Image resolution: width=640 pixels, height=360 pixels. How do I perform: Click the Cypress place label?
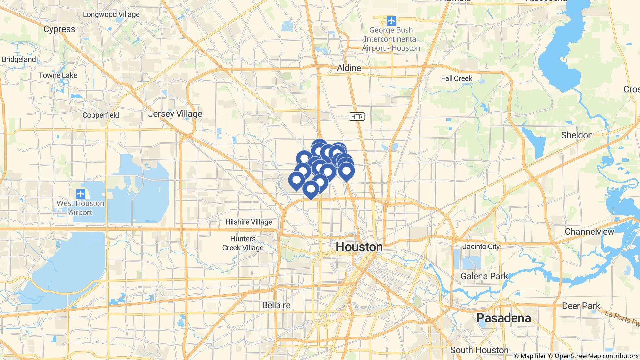59,29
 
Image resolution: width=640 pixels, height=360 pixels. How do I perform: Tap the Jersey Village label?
175,114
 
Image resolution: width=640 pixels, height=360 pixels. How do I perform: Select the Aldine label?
349,68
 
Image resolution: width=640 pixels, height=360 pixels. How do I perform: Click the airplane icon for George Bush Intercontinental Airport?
391,21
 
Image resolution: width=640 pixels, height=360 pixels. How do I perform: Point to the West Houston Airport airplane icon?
81,194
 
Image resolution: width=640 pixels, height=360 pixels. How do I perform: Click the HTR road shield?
357,117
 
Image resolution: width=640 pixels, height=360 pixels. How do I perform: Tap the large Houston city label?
359,247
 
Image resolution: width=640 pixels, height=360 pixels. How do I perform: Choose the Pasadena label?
503,318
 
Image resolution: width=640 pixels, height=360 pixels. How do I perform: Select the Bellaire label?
276,305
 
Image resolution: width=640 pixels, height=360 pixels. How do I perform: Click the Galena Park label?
484,276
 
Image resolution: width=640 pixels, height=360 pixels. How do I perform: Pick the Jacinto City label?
481,247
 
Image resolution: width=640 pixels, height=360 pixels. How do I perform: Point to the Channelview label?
589,232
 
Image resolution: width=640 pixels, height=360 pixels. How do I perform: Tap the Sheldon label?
577,135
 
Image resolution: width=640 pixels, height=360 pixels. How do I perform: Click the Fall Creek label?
457,78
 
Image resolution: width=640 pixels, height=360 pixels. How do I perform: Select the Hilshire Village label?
249,222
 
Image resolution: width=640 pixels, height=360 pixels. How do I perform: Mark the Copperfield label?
101,115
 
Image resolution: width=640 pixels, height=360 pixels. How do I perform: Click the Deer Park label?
581,306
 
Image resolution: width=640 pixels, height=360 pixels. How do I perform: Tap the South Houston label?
479,350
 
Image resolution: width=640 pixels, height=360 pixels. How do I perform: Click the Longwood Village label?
111,14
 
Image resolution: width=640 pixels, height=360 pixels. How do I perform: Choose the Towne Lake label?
58,75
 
